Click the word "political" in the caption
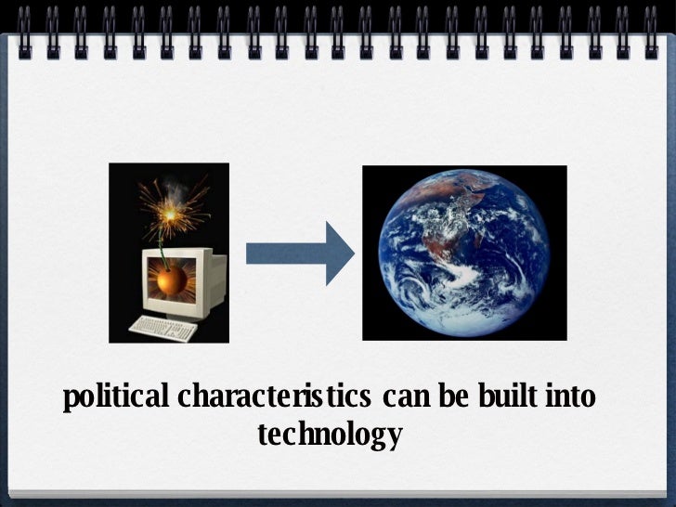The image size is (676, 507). [x=116, y=400]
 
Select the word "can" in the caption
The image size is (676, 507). [x=403, y=399]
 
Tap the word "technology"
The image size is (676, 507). [x=330, y=434]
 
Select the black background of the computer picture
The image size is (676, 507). [x=125, y=186]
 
